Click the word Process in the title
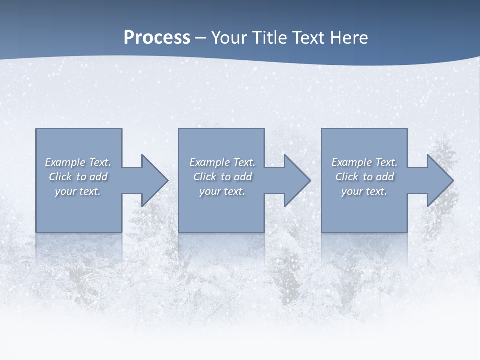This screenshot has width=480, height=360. point(157,38)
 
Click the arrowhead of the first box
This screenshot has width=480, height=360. point(154,180)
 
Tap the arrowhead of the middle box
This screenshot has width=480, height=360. point(297,180)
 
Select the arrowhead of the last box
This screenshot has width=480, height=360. point(440,180)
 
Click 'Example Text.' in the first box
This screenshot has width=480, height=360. point(78,162)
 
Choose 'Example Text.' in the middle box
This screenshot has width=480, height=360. point(222,162)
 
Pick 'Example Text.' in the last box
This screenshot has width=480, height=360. point(364,162)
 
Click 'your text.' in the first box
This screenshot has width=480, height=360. point(78,191)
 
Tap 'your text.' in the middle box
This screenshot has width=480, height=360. point(222,191)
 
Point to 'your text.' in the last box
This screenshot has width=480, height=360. point(364,191)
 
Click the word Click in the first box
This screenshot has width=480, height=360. point(60,177)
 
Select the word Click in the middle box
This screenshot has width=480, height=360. point(205,177)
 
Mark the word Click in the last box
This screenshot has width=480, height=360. point(347,177)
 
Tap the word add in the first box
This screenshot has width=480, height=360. point(99,177)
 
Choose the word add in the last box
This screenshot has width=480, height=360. point(385,177)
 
